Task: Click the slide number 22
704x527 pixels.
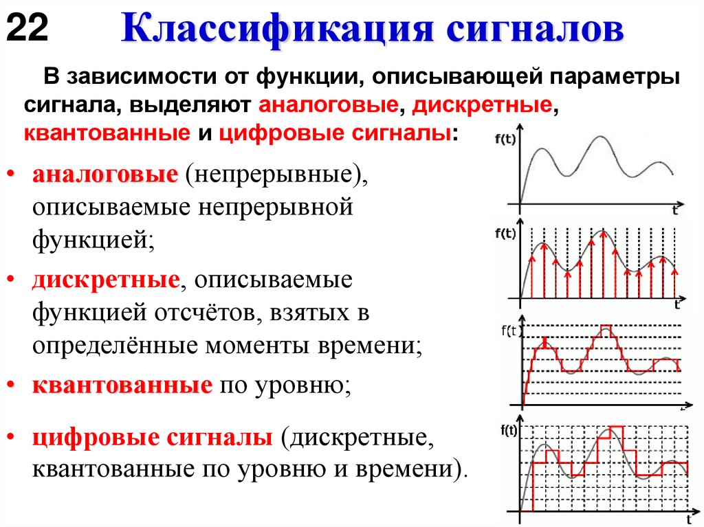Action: click(x=27, y=30)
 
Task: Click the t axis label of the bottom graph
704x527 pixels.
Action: click(x=688, y=517)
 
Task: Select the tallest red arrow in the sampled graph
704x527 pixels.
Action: click(x=604, y=265)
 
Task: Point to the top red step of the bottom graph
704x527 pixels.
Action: click(x=616, y=427)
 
